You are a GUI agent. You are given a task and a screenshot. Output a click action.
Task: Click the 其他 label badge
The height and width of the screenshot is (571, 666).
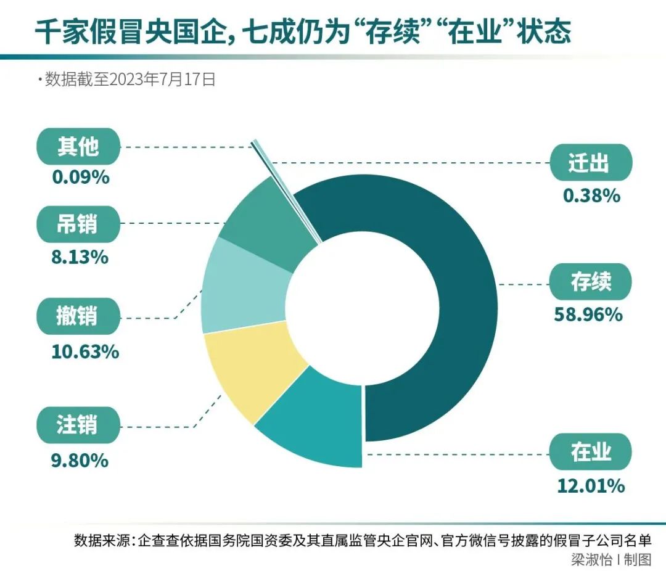point(77,147)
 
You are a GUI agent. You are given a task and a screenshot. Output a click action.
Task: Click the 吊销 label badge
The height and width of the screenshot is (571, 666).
point(77,224)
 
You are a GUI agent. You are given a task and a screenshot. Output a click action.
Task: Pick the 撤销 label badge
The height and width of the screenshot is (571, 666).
point(77,317)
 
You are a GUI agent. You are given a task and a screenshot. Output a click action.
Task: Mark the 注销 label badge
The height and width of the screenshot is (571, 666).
point(77,425)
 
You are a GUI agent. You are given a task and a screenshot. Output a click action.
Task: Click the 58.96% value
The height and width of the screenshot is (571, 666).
point(589,315)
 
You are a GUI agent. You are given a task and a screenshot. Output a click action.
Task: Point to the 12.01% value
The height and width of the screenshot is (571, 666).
point(590,486)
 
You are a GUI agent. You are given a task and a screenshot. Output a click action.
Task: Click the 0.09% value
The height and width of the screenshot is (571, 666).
point(81,178)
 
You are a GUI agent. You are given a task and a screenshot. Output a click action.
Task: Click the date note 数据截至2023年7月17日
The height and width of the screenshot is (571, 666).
point(129,80)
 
